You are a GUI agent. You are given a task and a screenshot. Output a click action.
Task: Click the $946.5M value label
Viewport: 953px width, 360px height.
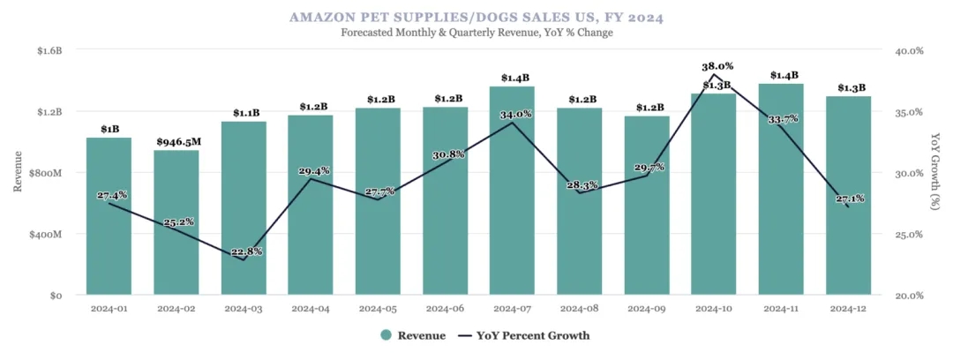tap(176, 141)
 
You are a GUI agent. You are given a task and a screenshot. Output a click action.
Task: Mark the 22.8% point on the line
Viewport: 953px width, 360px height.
tap(244, 259)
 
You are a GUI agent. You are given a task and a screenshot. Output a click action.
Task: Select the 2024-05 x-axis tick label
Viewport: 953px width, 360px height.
tap(378, 309)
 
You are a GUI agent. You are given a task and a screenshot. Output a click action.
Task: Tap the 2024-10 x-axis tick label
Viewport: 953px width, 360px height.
tap(714, 309)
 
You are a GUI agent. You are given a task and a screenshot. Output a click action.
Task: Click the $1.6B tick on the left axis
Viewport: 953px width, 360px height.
tap(49, 50)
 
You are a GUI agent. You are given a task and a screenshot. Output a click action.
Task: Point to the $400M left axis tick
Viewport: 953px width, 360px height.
tap(47, 235)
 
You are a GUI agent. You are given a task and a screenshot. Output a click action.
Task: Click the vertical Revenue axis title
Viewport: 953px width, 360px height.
tap(18, 173)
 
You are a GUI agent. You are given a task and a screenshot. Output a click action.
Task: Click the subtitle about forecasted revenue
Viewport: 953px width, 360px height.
tap(476, 33)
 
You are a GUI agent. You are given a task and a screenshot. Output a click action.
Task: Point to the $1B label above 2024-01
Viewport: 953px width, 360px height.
tap(109, 129)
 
